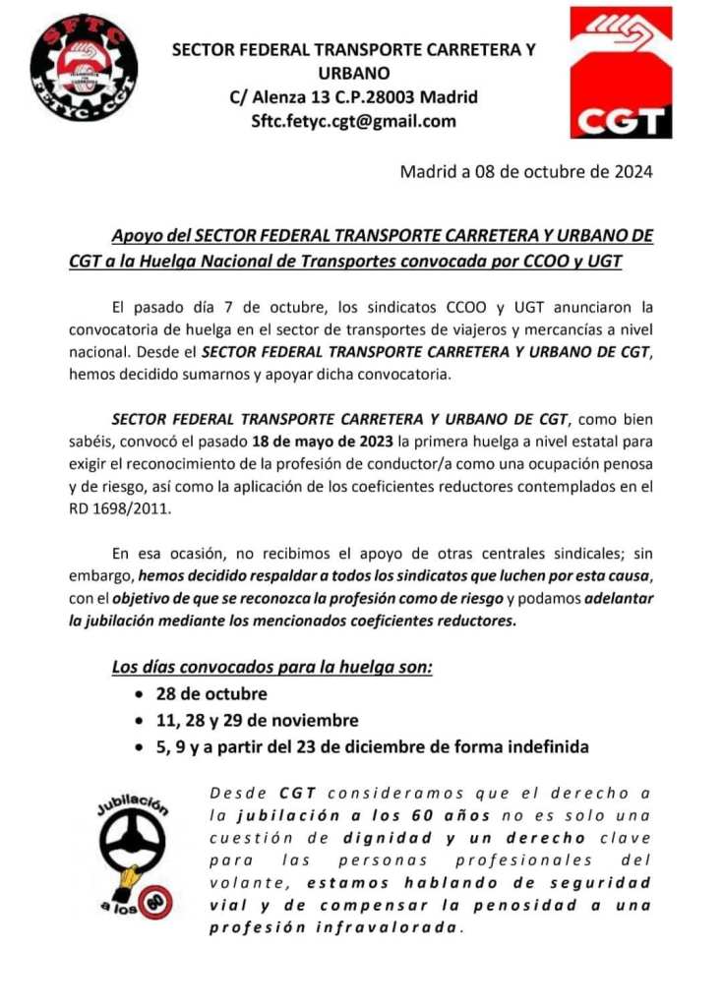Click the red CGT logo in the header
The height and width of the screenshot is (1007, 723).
tap(621, 73)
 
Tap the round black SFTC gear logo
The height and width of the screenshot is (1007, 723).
tap(83, 67)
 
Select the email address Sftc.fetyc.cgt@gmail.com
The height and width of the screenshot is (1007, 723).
tap(354, 121)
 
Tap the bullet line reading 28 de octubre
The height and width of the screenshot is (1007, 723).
tap(211, 695)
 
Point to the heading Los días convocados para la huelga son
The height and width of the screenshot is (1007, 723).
tap(272, 669)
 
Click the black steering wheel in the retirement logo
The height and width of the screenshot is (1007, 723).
tap(136, 846)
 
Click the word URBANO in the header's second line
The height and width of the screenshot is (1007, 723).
tap(354, 73)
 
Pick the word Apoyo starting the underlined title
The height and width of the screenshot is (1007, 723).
tap(136, 237)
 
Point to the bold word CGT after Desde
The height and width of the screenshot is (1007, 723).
tap(296, 793)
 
